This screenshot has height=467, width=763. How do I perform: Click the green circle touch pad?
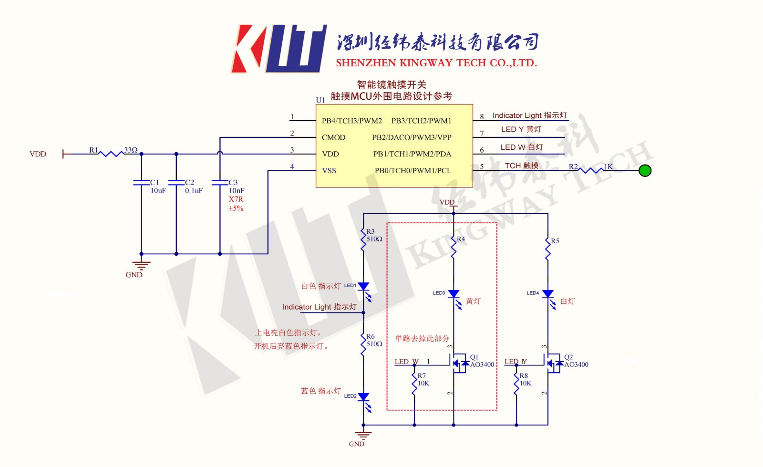pos(645,170)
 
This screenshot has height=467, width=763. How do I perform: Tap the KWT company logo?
pos(279,49)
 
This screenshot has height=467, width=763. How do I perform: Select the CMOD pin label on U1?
pos(333,137)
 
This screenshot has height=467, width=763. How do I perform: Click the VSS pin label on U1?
pos(329,170)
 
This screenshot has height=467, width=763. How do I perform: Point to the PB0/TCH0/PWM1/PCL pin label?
pos(412,170)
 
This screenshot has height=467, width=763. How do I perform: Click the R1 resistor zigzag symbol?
pos(111,154)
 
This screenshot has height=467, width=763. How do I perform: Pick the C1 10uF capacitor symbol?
pos(141,182)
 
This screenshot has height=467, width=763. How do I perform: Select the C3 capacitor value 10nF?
pos(237,191)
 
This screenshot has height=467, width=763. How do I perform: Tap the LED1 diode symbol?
pos(363,286)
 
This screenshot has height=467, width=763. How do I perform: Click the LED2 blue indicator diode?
pos(363,397)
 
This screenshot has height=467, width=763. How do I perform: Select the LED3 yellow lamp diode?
pos(454,294)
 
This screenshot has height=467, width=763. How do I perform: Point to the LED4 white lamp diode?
pos(548,294)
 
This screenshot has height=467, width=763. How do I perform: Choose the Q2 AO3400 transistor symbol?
pos(553,363)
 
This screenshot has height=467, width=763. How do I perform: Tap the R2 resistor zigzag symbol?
pos(591,170)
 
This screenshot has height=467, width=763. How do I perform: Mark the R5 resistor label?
pos(555,241)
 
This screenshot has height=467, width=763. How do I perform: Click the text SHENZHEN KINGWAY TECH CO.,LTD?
pos(436,63)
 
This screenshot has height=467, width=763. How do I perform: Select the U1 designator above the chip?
pos(320,100)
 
